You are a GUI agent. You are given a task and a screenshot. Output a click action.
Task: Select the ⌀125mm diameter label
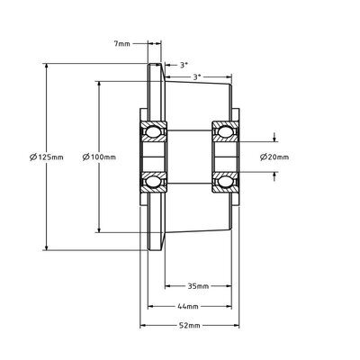coord(46,157)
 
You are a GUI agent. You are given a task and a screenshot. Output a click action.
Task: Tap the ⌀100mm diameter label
coord(98,157)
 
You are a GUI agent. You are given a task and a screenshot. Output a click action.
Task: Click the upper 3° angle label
coord(184,65)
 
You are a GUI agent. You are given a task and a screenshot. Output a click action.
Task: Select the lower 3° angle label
coord(197,76)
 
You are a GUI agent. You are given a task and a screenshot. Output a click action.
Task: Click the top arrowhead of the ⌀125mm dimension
coord(46,67)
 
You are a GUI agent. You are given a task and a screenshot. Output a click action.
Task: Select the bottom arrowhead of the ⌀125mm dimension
coord(46,247)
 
